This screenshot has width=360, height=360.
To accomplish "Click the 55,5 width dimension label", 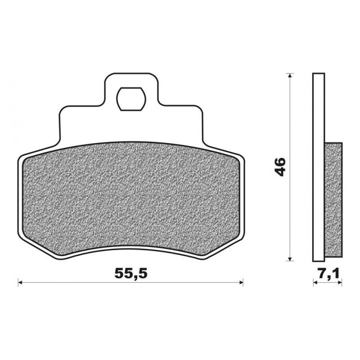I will (130, 273).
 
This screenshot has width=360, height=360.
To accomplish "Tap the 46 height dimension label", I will (280, 166).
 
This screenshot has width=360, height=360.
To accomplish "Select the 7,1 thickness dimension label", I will (328, 273).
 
